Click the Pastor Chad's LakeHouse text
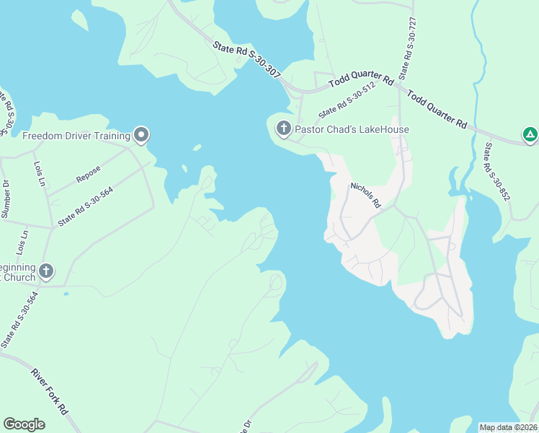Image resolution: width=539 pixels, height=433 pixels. tap(352, 130)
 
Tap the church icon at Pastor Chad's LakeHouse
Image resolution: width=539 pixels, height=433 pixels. tap(283, 129)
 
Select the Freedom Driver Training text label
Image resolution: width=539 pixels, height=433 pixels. tap(76, 135)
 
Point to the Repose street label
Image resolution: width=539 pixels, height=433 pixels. tap(88, 174)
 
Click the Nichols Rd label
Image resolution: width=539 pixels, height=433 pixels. tap(365, 196)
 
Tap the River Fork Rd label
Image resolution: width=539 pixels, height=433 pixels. tap(48, 390)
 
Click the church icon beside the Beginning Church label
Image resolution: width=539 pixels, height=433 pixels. tap(46, 271)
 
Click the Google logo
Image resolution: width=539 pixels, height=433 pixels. tap(24, 424)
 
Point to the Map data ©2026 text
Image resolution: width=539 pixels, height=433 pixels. tap(508, 427)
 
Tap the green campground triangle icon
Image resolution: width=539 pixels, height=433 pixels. tap(530, 134)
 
